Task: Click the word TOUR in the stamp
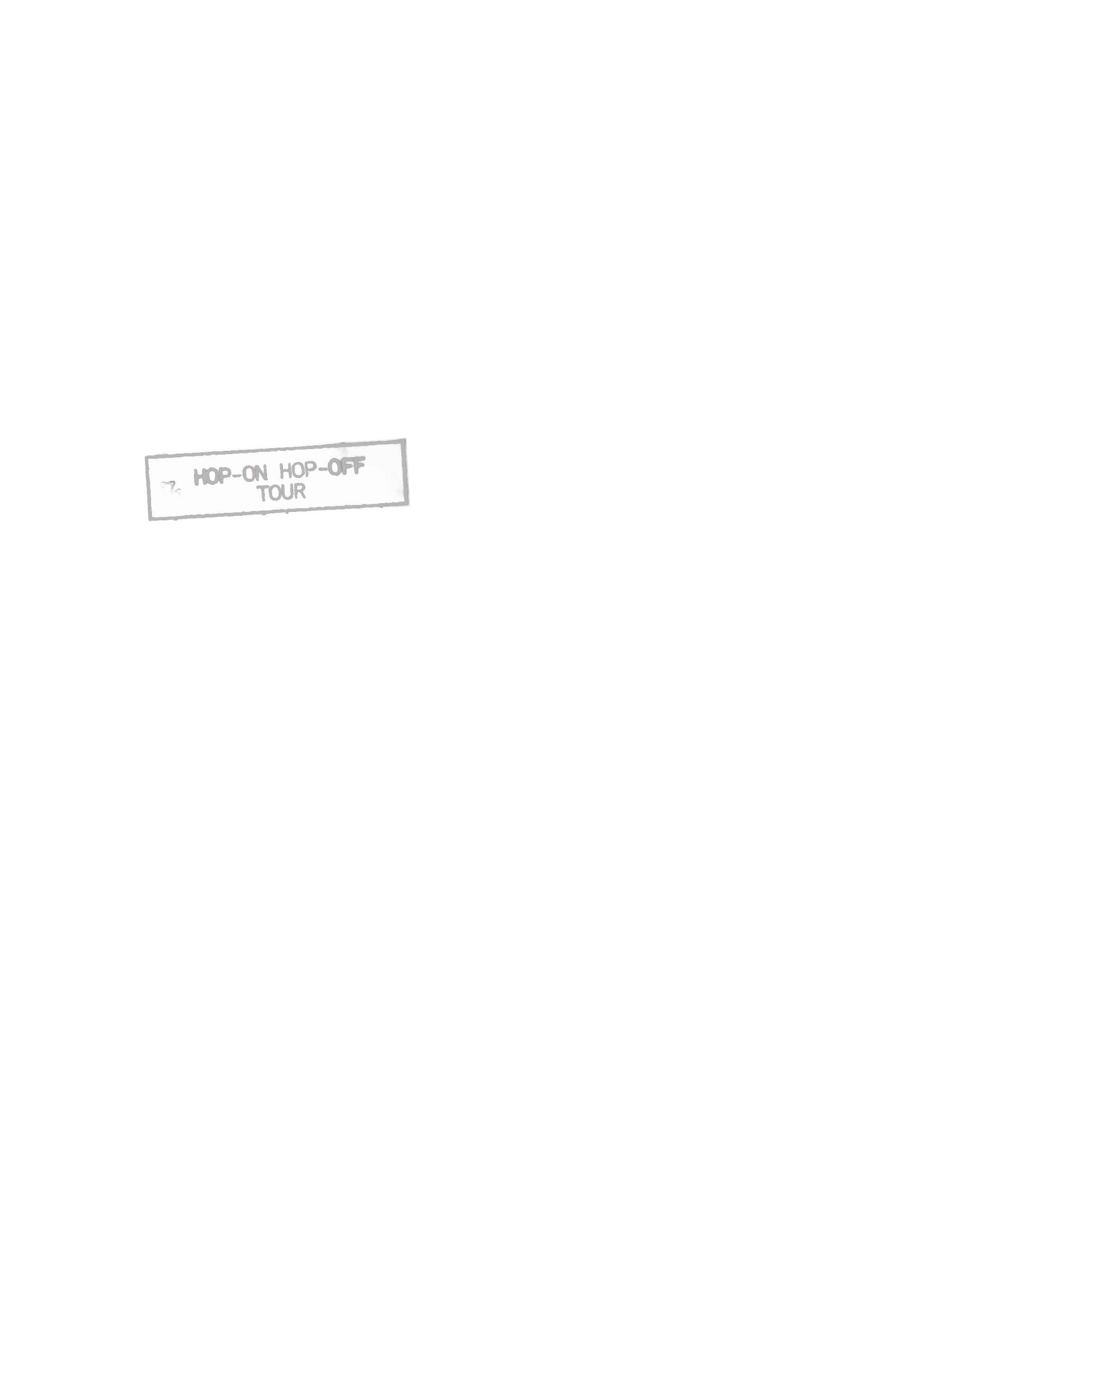(281, 492)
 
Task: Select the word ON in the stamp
(255, 474)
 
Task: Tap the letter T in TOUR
(262, 494)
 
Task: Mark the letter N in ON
(261, 474)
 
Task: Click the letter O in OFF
(334, 468)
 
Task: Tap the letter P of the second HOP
(311, 470)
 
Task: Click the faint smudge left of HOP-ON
(171, 487)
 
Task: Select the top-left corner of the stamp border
(146, 457)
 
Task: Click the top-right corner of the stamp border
(405, 440)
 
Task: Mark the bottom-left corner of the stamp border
(150, 519)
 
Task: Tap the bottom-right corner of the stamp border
(408, 504)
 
